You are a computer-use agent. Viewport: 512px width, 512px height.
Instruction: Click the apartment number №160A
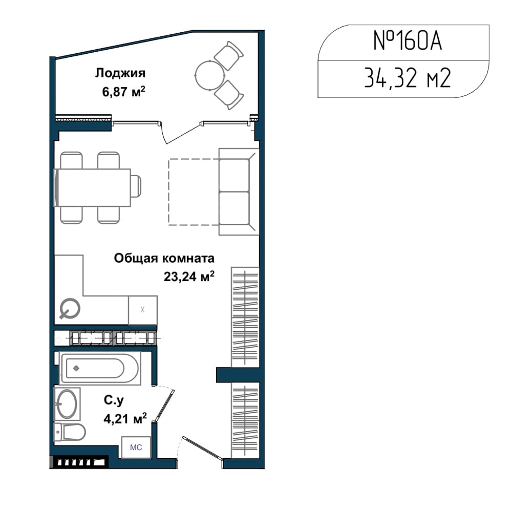[408, 41]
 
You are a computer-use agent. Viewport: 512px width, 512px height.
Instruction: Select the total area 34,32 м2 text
[407, 78]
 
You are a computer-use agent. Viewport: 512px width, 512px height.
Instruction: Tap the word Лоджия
[120, 73]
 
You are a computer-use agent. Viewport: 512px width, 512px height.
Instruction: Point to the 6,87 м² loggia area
[123, 92]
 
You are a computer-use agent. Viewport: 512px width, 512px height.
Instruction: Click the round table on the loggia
[210, 75]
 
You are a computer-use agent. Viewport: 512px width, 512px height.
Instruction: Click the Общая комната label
[164, 258]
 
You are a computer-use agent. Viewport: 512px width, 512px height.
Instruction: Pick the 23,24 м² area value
[189, 276]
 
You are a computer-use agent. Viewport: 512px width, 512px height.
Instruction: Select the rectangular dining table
[93, 187]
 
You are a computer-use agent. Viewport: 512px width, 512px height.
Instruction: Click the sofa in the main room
[239, 191]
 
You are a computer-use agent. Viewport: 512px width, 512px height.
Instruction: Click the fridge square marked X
[143, 310]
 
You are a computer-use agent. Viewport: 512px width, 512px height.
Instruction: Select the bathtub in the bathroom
[100, 368]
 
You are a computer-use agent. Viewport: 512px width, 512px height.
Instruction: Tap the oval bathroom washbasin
[67, 404]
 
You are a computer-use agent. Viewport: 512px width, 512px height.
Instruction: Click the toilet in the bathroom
[70, 432]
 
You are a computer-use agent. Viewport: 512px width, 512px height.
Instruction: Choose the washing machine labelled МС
[136, 447]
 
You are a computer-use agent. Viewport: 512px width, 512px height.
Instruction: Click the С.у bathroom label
[114, 400]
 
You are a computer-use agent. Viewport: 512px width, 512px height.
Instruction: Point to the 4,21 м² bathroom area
[125, 418]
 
